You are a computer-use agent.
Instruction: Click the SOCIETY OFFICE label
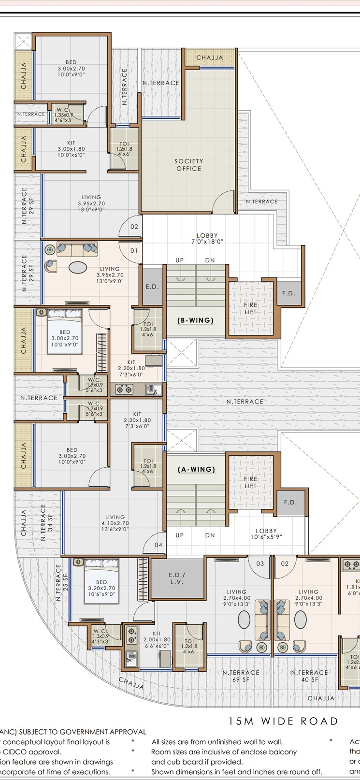[x=188, y=165]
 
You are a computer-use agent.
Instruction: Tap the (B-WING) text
[x=196, y=320]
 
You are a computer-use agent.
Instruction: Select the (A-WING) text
[x=196, y=469]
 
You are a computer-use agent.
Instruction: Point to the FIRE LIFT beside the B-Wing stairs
[x=251, y=308]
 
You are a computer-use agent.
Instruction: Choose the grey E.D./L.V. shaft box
[x=176, y=579]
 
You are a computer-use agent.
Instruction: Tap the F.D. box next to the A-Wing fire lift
[x=290, y=502]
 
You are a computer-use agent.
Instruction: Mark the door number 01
[x=134, y=251]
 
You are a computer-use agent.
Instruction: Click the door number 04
[x=158, y=545]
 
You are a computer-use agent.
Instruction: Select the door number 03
[x=260, y=563]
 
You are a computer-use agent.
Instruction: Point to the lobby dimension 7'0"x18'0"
[x=207, y=242]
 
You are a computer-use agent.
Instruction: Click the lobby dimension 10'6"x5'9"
[x=266, y=537]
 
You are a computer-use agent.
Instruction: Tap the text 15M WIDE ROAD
[x=283, y=722]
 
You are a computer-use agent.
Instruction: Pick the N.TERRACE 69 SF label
[x=241, y=676]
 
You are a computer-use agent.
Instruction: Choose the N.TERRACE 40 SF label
[x=309, y=676]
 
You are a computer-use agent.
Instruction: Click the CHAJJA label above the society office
[x=210, y=58]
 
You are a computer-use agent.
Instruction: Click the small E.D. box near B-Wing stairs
[x=152, y=287]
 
